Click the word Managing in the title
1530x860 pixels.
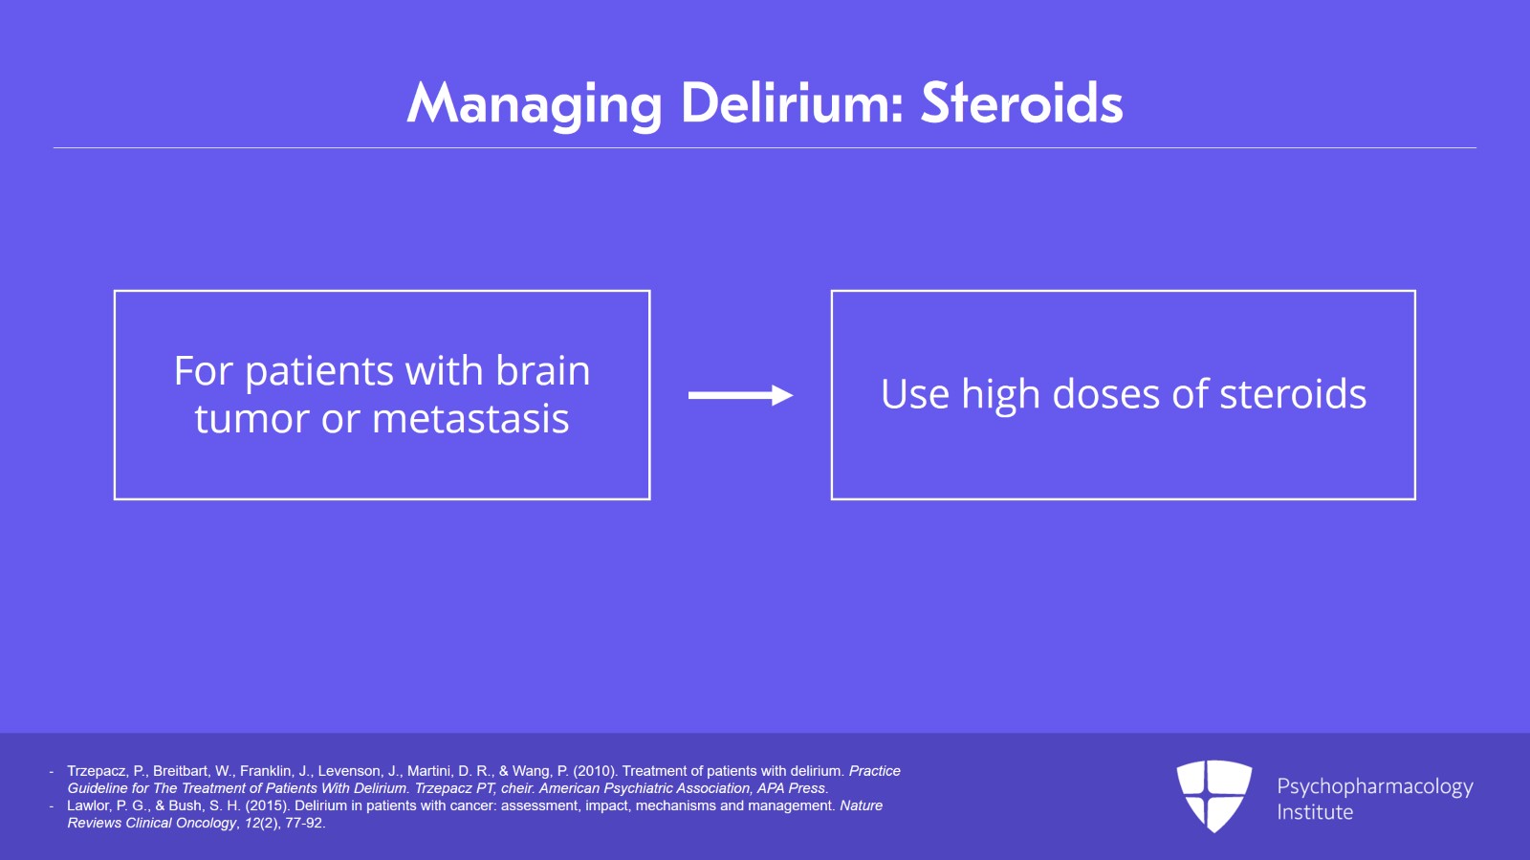coord(534,104)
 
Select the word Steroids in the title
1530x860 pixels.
coord(1021,102)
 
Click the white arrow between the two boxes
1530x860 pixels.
coord(740,395)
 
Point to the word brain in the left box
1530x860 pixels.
coord(543,371)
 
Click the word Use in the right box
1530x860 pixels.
coord(914,394)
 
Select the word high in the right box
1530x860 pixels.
coord(1000,395)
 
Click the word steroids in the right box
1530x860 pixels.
coord(1293,394)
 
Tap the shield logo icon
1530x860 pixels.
coord(1213,795)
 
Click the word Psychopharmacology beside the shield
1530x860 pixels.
coord(1375,786)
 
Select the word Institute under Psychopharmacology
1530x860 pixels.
coord(1315,812)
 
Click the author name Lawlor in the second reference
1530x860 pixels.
coord(88,805)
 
